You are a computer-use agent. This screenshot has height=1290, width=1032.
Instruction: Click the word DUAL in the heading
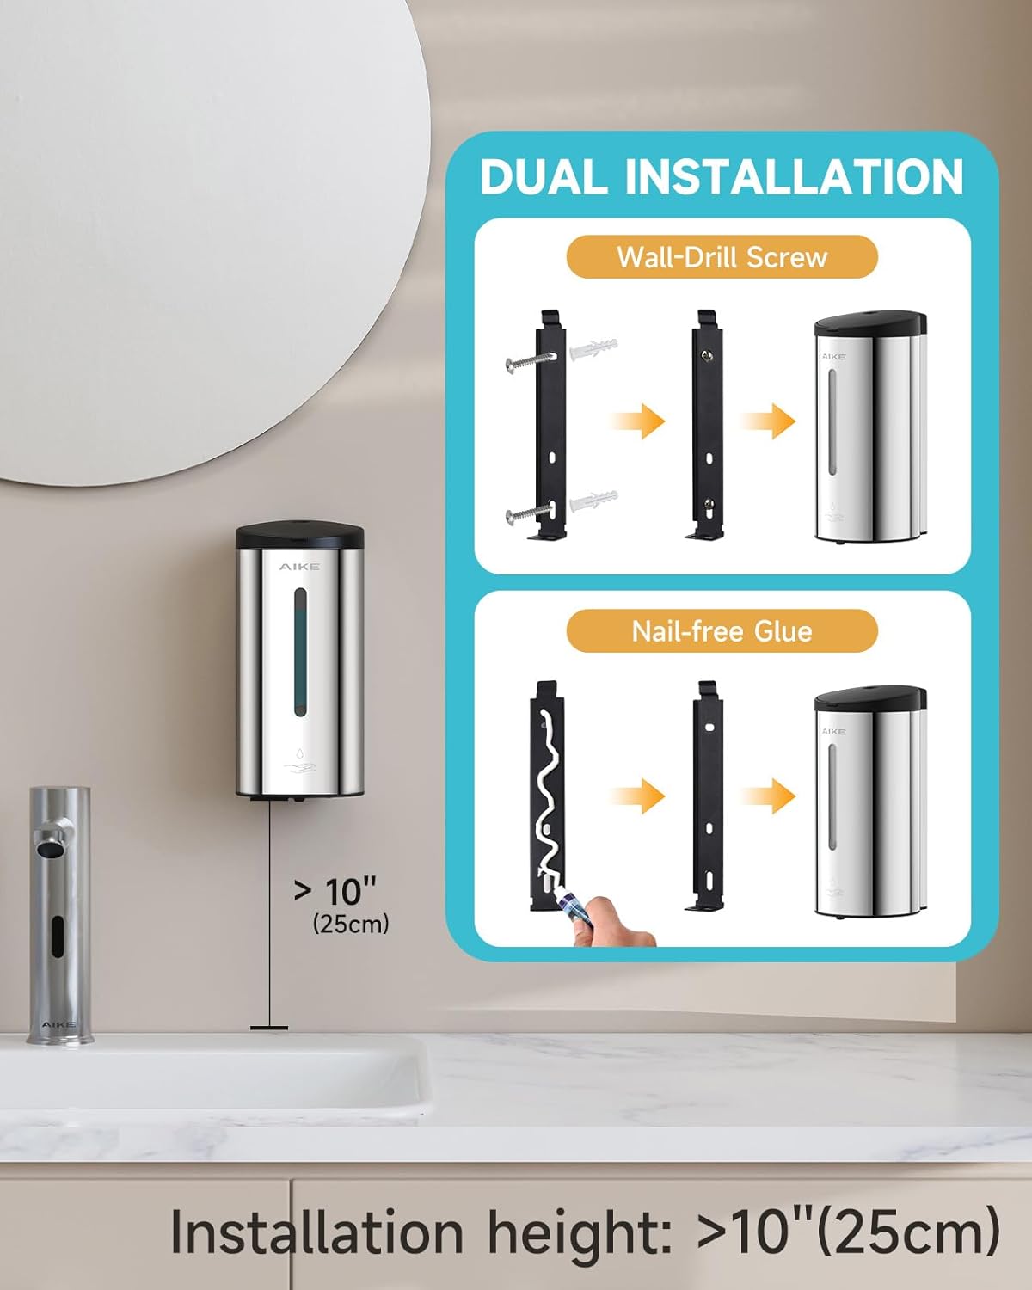click(543, 176)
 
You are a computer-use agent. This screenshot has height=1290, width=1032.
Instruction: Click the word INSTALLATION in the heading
click(794, 176)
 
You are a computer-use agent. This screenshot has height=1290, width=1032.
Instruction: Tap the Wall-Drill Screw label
click(722, 257)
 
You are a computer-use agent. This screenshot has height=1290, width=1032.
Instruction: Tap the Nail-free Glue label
click(722, 631)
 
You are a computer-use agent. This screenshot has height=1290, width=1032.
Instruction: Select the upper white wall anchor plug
click(594, 349)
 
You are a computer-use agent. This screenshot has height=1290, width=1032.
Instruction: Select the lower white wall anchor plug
click(594, 500)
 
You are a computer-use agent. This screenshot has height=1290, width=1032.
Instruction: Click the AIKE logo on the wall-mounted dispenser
click(299, 567)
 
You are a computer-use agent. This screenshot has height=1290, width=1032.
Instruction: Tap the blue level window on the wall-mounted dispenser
click(299, 652)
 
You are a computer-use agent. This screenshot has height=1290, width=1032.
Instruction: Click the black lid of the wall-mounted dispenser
click(299, 536)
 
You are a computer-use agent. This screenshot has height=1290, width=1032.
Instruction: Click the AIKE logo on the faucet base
click(58, 1025)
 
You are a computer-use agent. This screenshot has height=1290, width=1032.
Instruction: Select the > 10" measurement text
click(335, 891)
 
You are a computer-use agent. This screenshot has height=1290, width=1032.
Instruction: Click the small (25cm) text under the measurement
click(351, 924)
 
